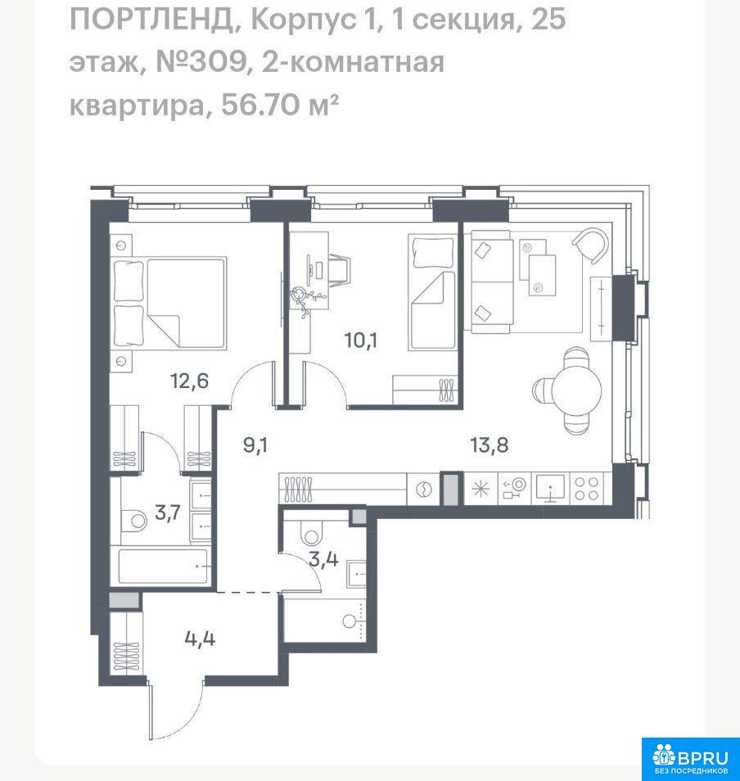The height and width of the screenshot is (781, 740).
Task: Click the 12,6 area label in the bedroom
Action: click(x=189, y=381)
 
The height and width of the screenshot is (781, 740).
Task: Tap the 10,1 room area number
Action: click(x=361, y=341)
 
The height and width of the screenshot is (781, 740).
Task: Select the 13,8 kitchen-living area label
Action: click(x=490, y=445)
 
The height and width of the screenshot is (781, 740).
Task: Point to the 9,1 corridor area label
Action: click(x=255, y=445)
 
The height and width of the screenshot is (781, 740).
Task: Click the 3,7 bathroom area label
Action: click(x=167, y=512)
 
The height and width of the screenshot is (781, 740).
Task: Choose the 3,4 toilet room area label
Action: click(x=323, y=560)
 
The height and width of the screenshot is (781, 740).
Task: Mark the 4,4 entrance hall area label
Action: click(x=200, y=639)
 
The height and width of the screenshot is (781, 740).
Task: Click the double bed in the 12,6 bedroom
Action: click(x=169, y=302)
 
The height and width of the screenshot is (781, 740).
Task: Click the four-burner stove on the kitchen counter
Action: click(x=587, y=489)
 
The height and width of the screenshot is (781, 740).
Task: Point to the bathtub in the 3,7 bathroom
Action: click(x=164, y=566)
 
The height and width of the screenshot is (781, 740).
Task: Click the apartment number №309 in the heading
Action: click(x=202, y=62)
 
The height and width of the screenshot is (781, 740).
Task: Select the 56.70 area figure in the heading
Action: click(x=260, y=105)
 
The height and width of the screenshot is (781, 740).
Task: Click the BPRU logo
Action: click(x=690, y=759)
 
